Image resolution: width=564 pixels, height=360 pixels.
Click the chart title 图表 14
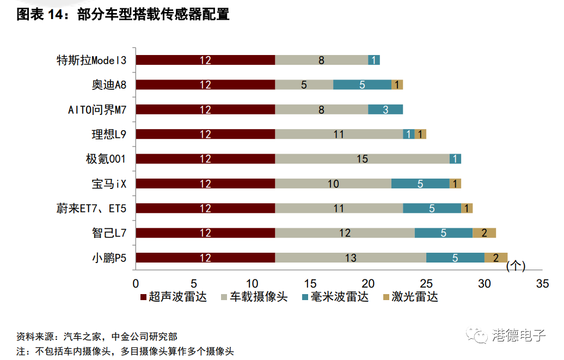click(x=122, y=15)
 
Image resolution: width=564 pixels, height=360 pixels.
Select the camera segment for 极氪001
click(x=363, y=159)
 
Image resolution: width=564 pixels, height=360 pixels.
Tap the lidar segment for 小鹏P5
click(x=496, y=258)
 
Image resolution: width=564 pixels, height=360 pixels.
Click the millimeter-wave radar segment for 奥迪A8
click(x=362, y=84)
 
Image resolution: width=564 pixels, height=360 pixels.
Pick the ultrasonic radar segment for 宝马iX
click(x=205, y=184)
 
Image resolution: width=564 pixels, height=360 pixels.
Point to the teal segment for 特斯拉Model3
click(x=374, y=60)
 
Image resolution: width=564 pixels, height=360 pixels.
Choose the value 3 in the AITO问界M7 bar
click(x=385, y=109)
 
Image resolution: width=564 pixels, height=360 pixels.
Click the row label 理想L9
click(x=109, y=134)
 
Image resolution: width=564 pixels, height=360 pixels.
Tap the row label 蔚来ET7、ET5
click(x=91, y=209)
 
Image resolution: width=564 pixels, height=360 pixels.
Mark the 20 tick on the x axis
click(x=368, y=284)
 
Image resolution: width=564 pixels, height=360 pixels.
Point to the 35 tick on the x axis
click(x=542, y=284)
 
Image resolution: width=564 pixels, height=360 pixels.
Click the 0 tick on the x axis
click(x=136, y=284)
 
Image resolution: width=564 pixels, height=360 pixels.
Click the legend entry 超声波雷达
click(x=174, y=297)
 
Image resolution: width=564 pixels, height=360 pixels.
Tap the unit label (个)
click(x=515, y=266)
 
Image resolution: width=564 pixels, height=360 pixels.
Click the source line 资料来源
click(x=96, y=337)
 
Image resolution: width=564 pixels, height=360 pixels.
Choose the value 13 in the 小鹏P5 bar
click(x=351, y=258)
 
